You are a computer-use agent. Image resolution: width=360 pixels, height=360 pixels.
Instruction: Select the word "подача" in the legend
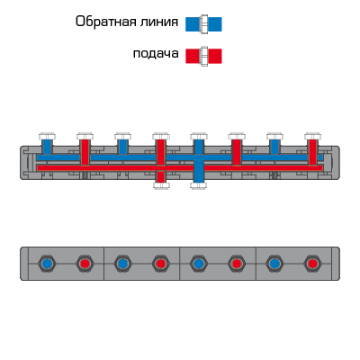click(156, 54)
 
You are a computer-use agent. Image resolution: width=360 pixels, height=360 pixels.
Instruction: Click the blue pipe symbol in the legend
click(203, 24)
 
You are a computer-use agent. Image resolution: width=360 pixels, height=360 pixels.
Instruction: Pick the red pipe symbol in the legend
click(203, 56)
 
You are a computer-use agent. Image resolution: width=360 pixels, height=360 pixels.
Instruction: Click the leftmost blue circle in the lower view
click(47, 264)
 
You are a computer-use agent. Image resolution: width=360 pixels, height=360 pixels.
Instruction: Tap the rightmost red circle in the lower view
click(312, 264)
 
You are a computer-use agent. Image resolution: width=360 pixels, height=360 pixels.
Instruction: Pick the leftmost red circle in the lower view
click(85, 264)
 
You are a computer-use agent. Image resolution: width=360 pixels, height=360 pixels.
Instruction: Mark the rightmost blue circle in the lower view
click(274, 264)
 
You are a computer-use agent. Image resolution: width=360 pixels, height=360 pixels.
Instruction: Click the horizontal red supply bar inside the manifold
click(180, 168)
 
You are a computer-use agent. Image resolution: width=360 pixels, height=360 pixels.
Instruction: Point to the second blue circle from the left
click(122, 264)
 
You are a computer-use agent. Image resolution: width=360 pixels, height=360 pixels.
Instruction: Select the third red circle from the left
click(237, 264)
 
